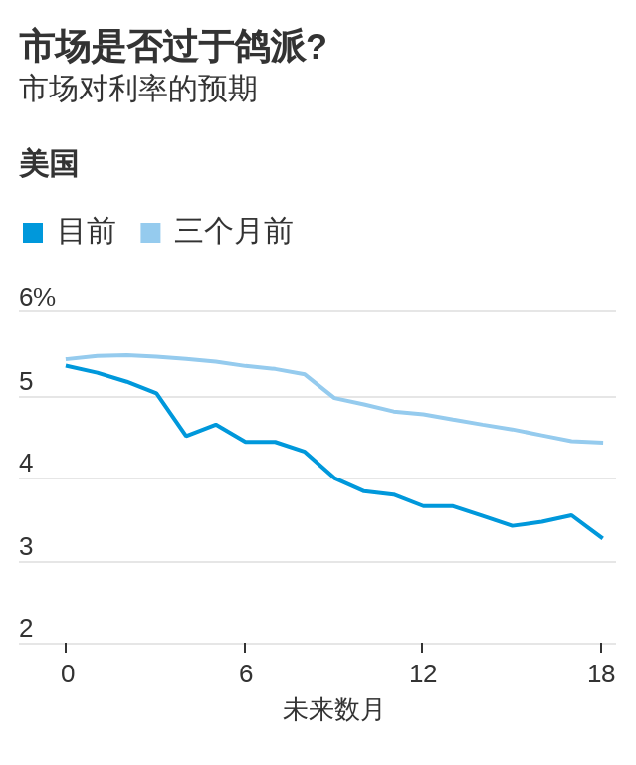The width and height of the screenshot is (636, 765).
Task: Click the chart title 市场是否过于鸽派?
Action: click(173, 46)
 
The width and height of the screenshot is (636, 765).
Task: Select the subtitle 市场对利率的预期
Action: click(138, 89)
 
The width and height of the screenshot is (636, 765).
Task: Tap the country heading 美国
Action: click(49, 164)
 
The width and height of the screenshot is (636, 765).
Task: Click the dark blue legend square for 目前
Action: click(33, 233)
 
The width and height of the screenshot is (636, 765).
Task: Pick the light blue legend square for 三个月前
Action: click(150, 233)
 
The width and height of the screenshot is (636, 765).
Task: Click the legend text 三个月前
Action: click(233, 231)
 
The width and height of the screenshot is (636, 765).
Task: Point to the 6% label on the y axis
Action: click(37, 297)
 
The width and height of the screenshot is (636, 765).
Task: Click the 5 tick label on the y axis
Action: click(26, 381)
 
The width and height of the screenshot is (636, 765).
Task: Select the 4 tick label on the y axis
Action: click(26, 464)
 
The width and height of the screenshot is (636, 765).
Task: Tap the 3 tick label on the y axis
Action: click(26, 546)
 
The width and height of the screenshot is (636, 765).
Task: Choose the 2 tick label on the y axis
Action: click(26, 628)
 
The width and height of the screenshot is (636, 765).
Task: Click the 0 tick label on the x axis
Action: click(67, 673)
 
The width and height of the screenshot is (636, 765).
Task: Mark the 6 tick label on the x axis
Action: click(245, 673)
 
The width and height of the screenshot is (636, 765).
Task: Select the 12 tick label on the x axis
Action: click(422, 673)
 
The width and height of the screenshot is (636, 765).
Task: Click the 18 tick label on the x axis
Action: click(600, 673)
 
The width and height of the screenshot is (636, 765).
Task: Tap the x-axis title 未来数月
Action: click(333, 709)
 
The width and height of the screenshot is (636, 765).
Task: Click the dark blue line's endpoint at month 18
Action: click(601, 537)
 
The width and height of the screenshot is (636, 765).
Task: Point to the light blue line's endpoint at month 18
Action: click(601, 443)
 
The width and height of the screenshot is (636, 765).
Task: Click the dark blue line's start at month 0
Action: click(67, 366)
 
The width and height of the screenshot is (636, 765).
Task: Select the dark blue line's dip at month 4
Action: click(186, 436)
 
